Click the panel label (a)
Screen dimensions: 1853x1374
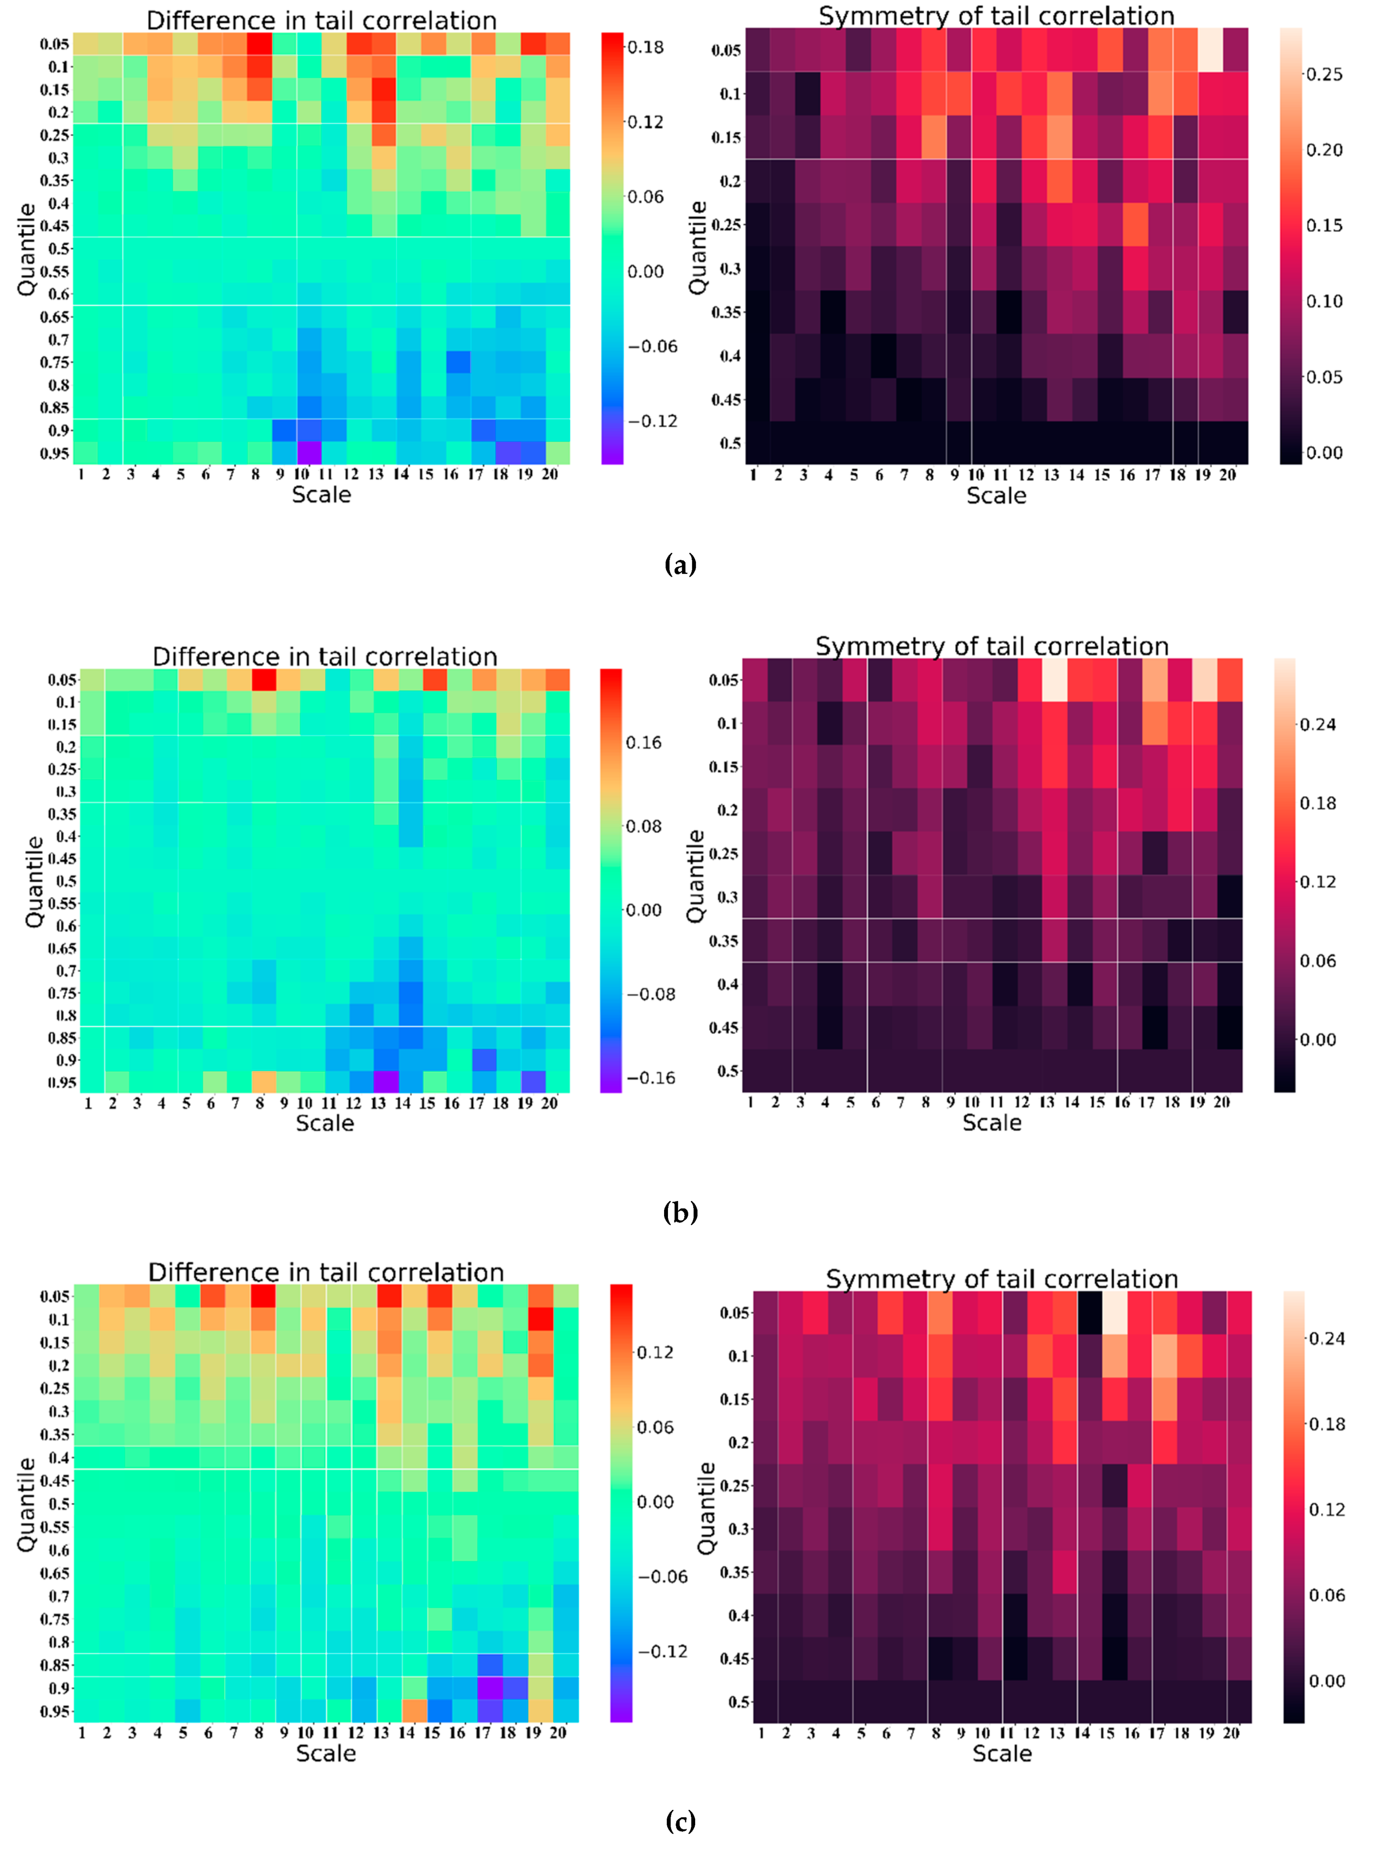pyautogui.click(x=681, y=566)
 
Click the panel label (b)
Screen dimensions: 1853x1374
pyautogui.click(x=681, y=1213)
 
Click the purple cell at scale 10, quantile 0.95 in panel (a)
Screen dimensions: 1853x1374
pyautogui.click(x=310, y=452)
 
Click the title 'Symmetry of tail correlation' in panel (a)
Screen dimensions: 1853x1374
pyautogui.click(x=997, y=16)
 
